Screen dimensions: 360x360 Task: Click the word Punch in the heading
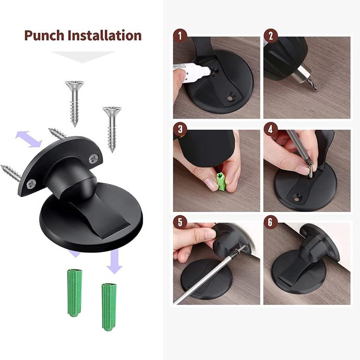[44, 35]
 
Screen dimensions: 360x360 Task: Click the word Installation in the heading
[105, 35]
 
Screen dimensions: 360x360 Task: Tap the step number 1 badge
[180, 36]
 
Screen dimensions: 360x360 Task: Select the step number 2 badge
[271, 36]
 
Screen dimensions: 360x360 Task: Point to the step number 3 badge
[180, 129]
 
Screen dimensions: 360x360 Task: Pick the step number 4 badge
[271, 129]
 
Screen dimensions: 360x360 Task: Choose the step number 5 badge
[180, 222]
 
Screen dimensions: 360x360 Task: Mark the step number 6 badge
[271, 222]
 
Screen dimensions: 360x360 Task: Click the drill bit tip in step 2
[316, 89]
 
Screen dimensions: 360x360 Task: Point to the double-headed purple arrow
[29, 139]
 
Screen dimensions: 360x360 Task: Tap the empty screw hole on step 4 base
[297, 197]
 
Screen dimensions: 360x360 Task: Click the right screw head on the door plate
[94, 158]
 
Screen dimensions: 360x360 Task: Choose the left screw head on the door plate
[31, 184]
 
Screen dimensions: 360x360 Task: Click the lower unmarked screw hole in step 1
[230, 98]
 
